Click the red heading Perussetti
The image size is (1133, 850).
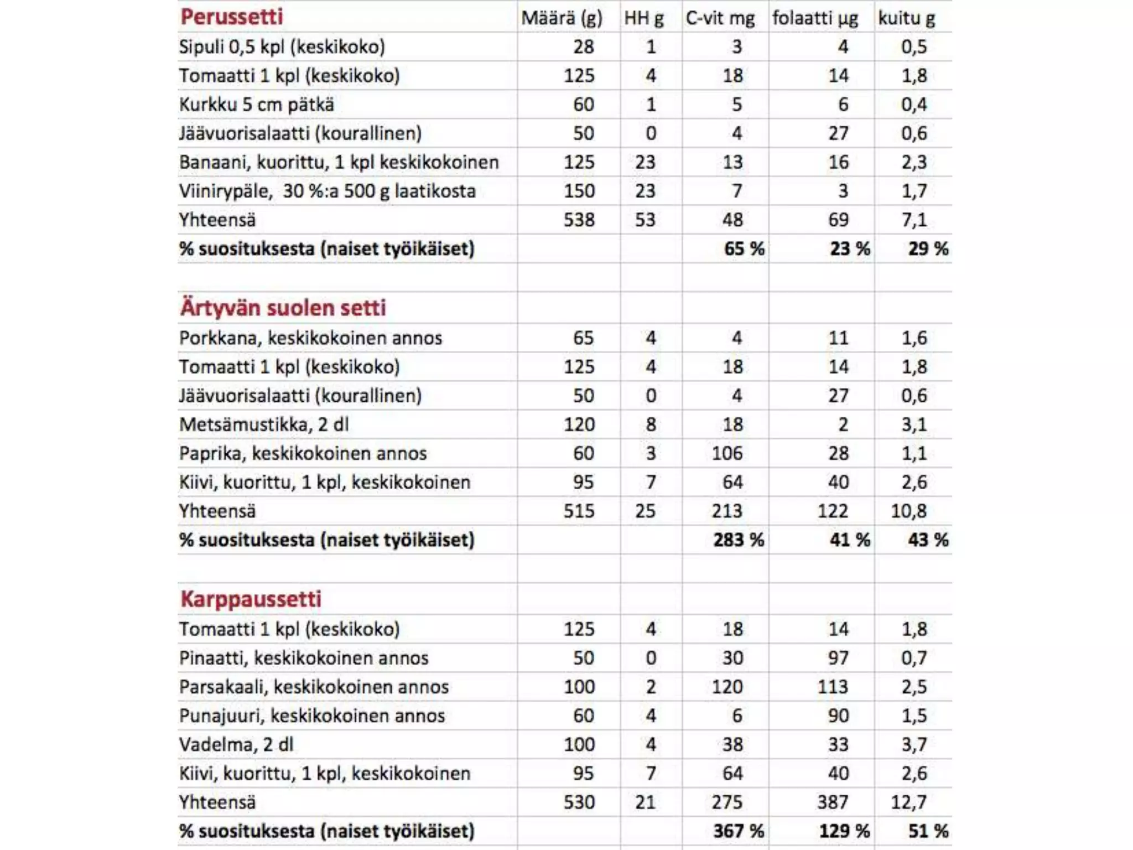[x=231, y=17]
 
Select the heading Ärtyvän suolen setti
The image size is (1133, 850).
[x=283, y=308]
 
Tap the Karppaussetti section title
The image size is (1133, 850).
[x=251, y=599]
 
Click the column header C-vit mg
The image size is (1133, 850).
[x=720, y=18]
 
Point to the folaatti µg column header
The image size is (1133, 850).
[x=815, y=18]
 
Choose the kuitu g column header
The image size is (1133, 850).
[x=906, y=18]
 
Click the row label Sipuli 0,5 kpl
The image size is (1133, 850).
[x=282, y=47]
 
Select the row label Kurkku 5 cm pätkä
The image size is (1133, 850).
[x=256, y=105]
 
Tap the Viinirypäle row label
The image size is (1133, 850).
[x=327, y=191]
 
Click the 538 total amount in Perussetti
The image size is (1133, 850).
[x=579, y=220]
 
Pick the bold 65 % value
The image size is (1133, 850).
[x=744, y=249]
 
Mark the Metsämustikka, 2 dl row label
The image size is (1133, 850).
[x=263, y=425]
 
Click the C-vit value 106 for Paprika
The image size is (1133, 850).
[x=727, y=454]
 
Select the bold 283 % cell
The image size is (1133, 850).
[x=738, y=540]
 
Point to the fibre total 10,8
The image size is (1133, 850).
[x=908, y=511]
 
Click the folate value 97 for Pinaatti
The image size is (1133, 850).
[x=838, y=658]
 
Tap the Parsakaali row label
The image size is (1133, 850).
[x=314, y=687]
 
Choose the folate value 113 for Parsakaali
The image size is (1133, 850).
[x=833, y=687]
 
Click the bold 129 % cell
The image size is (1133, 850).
[x=844, y=831]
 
